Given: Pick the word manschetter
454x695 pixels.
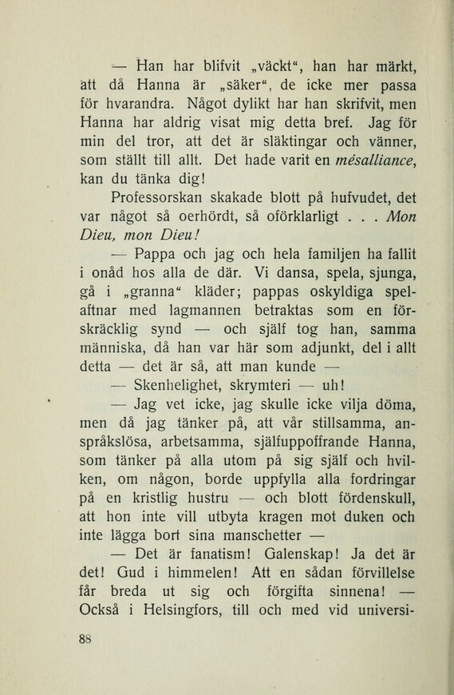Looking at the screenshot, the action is pyautogui.click(x=246, y=555).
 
